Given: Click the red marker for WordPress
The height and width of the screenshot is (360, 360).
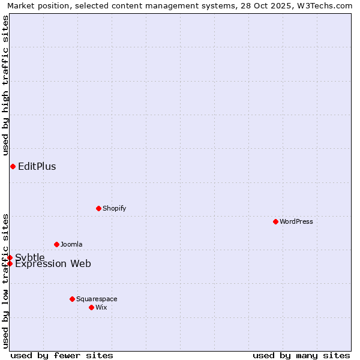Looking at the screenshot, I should (x=275, y=221).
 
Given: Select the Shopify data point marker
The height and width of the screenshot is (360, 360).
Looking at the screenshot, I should (x=98, y=208).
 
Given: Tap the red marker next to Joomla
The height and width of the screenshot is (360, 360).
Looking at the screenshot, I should (x=56, y=244).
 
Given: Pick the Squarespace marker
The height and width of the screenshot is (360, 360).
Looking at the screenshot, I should (x=72, y=299).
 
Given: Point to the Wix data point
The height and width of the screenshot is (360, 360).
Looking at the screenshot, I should (x=91, y=307).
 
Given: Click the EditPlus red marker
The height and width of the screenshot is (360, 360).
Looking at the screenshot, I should (x=13, y=166).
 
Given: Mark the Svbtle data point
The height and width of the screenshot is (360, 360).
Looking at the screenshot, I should (x=10, y=257).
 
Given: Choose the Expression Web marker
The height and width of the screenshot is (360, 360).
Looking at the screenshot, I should (x=10, y=263).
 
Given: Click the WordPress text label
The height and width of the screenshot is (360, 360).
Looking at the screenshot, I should (x=296, y=221).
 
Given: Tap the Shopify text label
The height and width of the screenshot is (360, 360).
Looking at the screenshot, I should (x=114, y=208).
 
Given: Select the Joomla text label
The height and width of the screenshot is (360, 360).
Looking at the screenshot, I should (x=71, y=244).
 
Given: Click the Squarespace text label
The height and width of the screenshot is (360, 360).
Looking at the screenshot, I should (x=97, y=299).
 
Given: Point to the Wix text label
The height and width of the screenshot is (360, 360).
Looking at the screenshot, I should (x=101, y=307).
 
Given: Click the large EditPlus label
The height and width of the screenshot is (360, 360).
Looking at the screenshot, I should (x=37, y=166).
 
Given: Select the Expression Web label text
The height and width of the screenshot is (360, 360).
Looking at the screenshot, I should (x=53, y=264).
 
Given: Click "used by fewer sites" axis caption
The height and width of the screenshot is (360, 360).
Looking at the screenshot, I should (x=62, y=355).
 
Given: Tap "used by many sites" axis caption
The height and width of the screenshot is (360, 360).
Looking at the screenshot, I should (x=301, y=355).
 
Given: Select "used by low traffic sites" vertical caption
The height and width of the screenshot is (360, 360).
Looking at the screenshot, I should (x=5, y=281).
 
